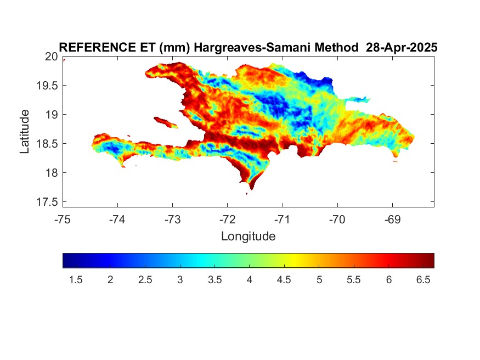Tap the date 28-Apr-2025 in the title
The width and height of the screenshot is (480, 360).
pyautogui.click(x=402, y=47)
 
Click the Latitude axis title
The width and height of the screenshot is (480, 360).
pyautogui.click(x=25, y=131)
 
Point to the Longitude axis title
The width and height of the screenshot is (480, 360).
pyautogui.click(x=249, y=237)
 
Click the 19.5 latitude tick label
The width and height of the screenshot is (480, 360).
pyautogui.click(x=47, y=86)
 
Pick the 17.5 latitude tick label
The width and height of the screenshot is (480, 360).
pyautogui.click(x=47, y=202)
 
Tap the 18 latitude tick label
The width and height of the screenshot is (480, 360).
pyautogui.click(x=52, y=173)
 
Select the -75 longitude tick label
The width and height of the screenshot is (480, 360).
pyautogui.click(x=63, y=220)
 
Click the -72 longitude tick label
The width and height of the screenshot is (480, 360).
pyautogui.click(x=228, y=220)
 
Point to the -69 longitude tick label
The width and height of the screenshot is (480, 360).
pyautogui.click(x=392, y=220)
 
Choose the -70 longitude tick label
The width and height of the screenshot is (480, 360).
pyautogui.click(x=337, y=220)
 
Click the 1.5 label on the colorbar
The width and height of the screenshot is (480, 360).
pyautogui.click(x=76, y=280)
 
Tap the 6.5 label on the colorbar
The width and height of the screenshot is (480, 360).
pyautogui.click(x=423, y=280)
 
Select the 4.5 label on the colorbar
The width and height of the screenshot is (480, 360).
pyautogui.click(x=284, y=280)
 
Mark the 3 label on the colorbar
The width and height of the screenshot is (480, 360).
pyautogui.click(x=180, y=280)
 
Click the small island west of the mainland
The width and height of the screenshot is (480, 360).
pyautogui.click(x=166, y=122)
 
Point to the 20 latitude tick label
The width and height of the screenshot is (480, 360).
pyautogui.click(x=52, y=57)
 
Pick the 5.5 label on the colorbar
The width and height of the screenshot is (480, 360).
pyautogui.click(x=354, y=280)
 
